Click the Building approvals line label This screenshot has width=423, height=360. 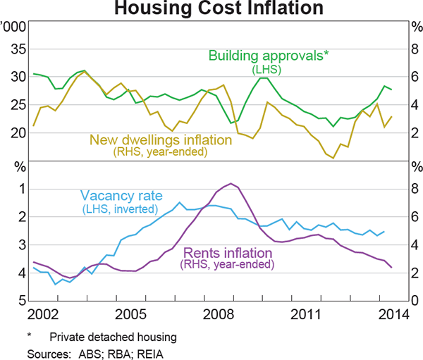[x=269, y=56]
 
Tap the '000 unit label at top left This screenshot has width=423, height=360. [x=15, y=27]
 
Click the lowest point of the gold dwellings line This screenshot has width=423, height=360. [x=333, y=158]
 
